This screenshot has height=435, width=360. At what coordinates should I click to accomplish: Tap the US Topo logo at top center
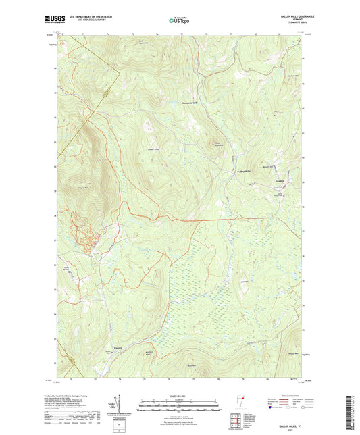pos(179,20)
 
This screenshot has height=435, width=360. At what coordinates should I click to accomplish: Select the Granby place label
pos(280,180)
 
